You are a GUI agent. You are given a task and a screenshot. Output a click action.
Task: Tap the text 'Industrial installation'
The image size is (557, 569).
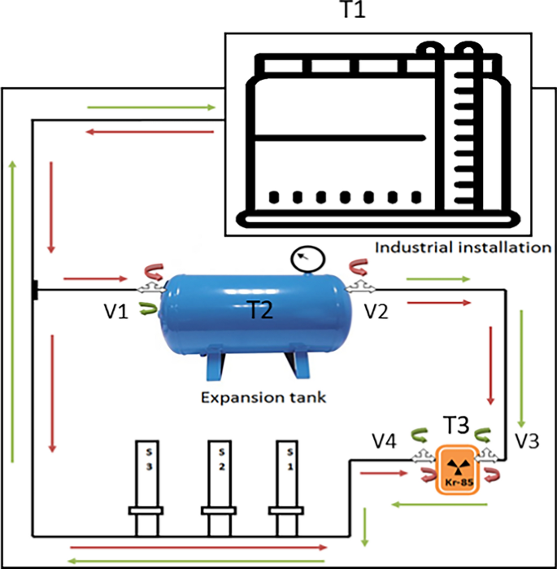463,247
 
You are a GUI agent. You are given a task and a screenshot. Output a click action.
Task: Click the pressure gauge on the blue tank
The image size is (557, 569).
306,260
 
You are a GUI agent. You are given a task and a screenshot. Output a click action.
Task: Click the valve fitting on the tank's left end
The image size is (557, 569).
150,288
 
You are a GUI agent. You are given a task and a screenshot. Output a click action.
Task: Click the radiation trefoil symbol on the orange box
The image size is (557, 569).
459,467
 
